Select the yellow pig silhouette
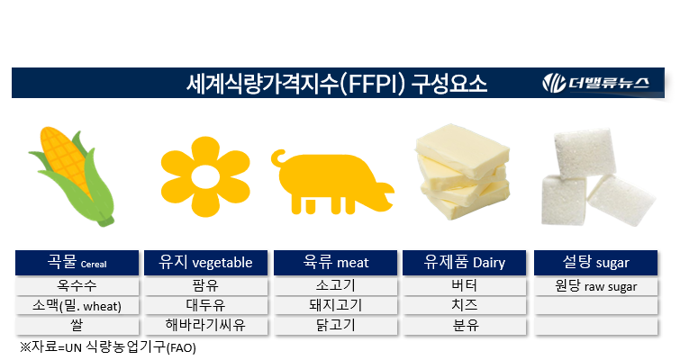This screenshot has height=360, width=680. [x=332, y=180]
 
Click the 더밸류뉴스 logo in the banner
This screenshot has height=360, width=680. [x=603, y=84]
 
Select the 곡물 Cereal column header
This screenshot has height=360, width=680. [x=77, y=263]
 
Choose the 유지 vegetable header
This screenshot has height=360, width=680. [x=205, y=263]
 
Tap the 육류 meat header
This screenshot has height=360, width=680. [x=337, y=263]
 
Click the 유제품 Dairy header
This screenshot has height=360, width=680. [x=465, y=263]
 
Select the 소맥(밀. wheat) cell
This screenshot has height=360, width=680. [x=77, y=306]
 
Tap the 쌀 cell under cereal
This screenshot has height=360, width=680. [x=77, y=325]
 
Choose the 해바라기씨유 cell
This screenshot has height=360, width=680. [x=205, y=325]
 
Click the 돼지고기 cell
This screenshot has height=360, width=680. [x=337, y=306]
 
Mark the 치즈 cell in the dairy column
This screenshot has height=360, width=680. [x=465, y=306]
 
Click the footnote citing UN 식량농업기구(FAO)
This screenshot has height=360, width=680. [x=107, y=346]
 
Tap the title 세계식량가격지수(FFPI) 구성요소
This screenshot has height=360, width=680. [x=336, y=85]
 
